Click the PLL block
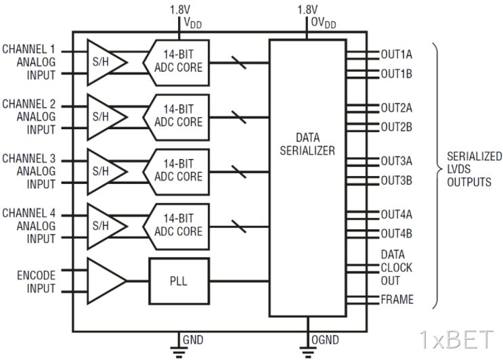pyautogui.click(x=179, y=281)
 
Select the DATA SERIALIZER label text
pyautogui.click(x=307, y=144)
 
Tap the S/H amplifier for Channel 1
pyautogui.click(x=108, y=62)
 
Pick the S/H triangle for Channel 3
pyautogui.click(x=108, y=172)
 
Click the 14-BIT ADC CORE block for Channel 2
pyautogui.click(x=177, y=117)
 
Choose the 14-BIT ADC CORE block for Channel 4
pyautogui.click(x=177, y=227)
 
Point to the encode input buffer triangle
pyautogui.click(x=108, y=281)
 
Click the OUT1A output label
pyautogui.click(x=397, y=55)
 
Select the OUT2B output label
pyautogui.click(x=397, y=127)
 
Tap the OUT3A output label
pyautogui.click(x=397, y=161)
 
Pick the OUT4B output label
pyautogui.click(x=397, y=233)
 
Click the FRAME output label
pyautogui.click(x=397, y=299)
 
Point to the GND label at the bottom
pyautogui.click(x=193, y=340)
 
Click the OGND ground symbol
pyautogui.click(x=307, y=352)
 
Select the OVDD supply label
pyautogui.click(x=324, y=23)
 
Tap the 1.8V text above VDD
pyautogui.click(x=180, y=9)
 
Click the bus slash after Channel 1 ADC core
pyautogui.click(x=239, y=62)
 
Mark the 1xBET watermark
pyautogui.click(x=456, y=340)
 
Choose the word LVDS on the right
pyautogui.click(x=459, y=169)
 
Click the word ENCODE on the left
pyautogui.click(x=37, y=275)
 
